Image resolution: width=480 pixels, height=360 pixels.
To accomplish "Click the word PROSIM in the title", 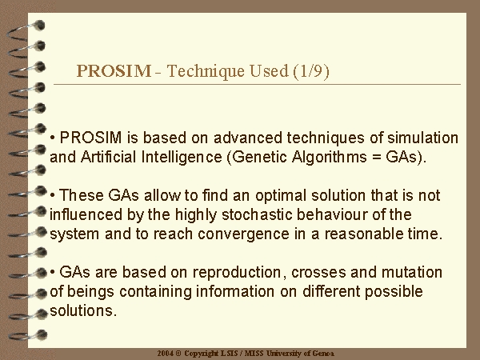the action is click(114, 70).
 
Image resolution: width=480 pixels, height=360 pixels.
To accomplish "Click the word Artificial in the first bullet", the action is click(108, 157).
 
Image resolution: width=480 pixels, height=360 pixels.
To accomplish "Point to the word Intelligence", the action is click(182, 158).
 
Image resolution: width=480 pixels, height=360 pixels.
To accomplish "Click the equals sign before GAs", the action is click(376, 158).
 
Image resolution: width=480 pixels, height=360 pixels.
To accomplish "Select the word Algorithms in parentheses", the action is click(329, 158).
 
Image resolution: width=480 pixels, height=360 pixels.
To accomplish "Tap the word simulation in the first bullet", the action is click(423, 138).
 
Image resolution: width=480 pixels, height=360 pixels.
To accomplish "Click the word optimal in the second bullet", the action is click(281, 196).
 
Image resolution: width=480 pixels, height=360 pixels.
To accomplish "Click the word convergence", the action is click(243, 234).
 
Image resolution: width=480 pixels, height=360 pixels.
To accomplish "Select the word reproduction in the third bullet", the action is click(237, 273).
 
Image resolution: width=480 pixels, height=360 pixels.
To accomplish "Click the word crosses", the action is click(318, 273).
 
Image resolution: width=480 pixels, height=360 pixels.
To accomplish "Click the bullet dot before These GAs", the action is click(53, 195).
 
